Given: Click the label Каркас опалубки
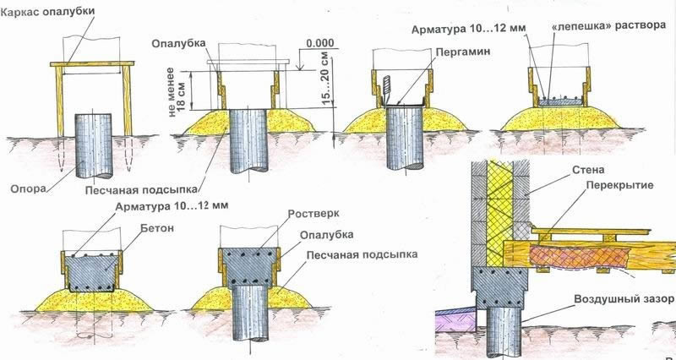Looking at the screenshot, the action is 47,11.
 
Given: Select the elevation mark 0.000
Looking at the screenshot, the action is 320,43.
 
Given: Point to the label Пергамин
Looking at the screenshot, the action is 462,52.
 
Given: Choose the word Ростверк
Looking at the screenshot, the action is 313,214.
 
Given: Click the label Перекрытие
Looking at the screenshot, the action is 619,185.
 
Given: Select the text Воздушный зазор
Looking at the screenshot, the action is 624,299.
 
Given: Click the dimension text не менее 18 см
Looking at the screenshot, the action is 176,89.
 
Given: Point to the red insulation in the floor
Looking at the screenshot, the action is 579,257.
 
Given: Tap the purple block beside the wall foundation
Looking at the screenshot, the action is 455,321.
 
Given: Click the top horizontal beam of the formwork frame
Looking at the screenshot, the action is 92,64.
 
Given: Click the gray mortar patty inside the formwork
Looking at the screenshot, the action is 561,102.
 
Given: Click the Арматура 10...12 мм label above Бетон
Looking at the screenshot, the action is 172,206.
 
